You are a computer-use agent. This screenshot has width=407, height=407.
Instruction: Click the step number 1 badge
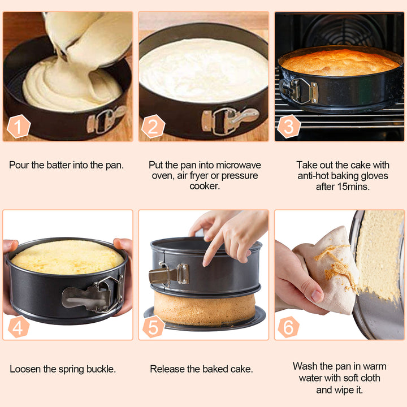coord(19,127)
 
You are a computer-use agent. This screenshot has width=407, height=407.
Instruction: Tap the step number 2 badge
coord(153,127)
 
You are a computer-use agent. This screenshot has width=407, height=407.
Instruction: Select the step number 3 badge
coord(288,127)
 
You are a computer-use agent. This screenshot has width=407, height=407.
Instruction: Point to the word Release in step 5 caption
coord(167,369)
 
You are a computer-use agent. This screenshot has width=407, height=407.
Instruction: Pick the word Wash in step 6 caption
coord(305,366)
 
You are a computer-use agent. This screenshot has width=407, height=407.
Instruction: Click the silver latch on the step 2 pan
coord(229,119)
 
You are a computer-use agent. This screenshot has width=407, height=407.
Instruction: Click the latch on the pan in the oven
coord(299,90)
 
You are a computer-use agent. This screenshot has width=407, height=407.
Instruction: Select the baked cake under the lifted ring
coord(203,308)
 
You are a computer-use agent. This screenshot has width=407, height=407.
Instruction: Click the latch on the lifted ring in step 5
coord(168,275)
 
